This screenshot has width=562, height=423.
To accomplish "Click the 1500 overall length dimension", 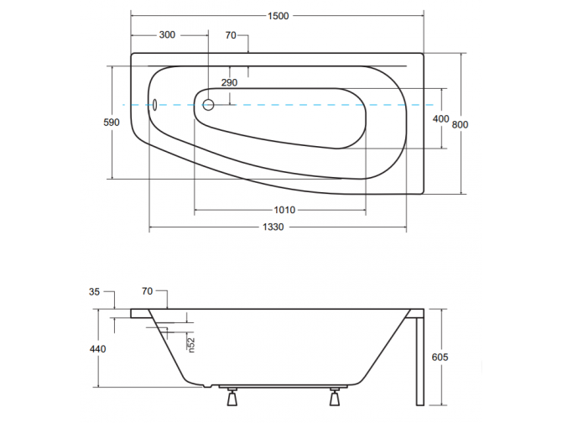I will (x=279, y=16).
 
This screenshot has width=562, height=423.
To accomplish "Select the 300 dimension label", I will (x=167, y=35).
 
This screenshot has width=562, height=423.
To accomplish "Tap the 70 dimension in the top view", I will (x=232, y=35).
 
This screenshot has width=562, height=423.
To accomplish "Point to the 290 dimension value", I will (x=229, y=82).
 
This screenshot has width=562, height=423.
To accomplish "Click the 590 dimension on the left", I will (x=112, y=123).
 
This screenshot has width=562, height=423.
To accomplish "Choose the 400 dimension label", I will (x=440, y=119).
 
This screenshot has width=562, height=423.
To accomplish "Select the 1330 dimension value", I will (x=277, y=228).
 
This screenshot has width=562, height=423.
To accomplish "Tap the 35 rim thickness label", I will (x=94, y=292).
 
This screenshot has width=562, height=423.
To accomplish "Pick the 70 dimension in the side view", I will (x=148, y=292).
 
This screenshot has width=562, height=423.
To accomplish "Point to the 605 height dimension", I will (x=440, y=357).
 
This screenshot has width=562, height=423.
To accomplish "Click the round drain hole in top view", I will (x=209, y=105).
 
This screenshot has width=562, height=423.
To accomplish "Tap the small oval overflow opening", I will (x=154, y=105).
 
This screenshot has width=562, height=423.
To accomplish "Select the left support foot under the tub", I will (x=229, y=394).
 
